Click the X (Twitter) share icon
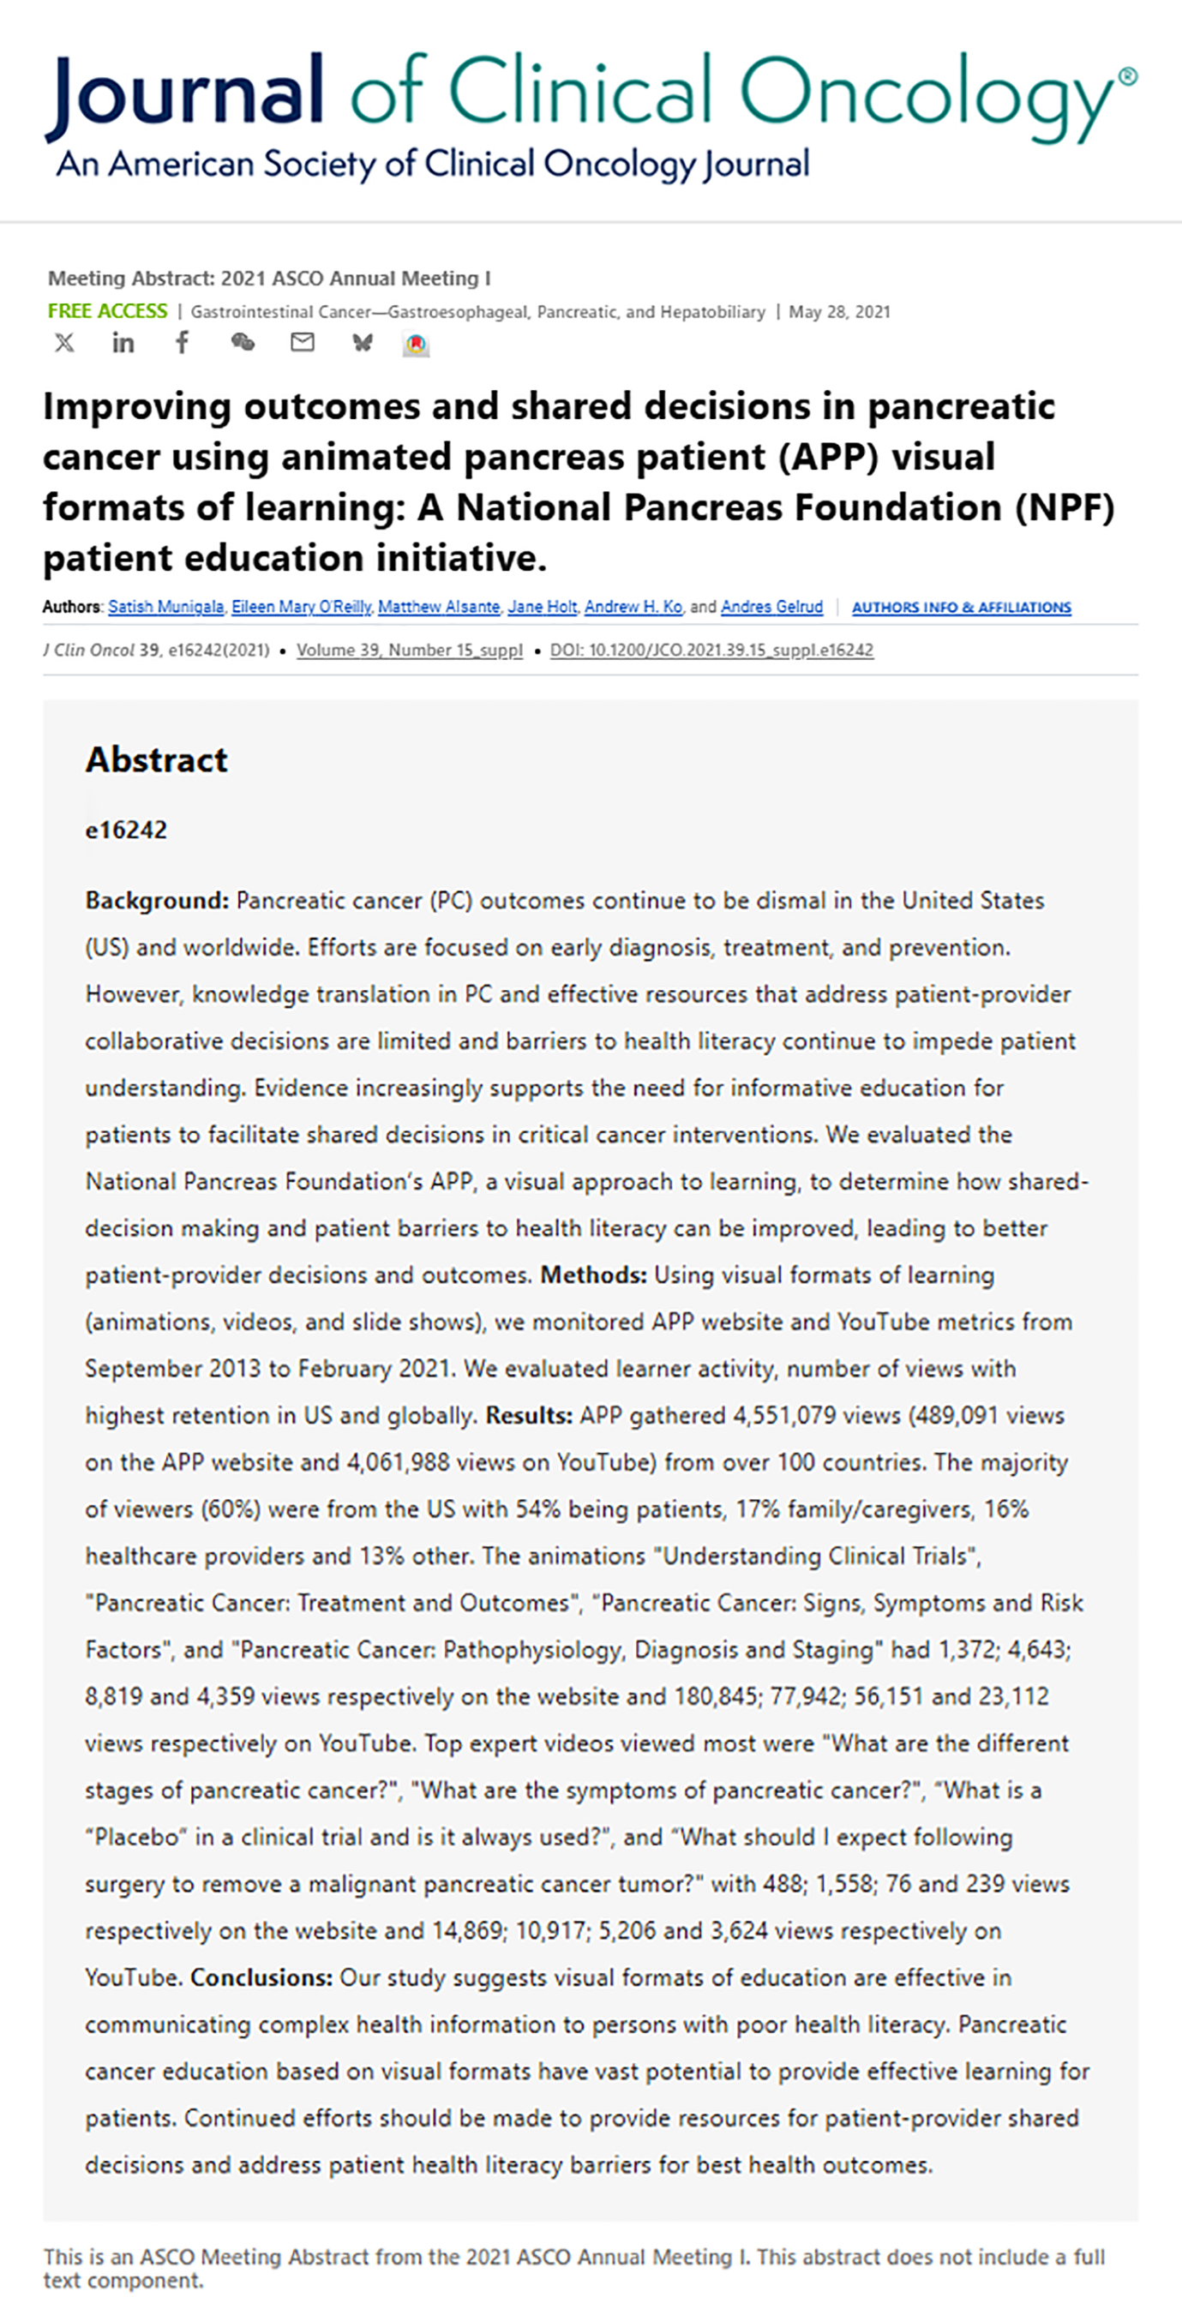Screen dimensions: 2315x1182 coord(63,342)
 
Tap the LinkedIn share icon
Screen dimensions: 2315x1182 coord(123,342)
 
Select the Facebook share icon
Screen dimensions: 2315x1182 coord(183,342)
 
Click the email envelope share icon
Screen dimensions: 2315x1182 coord(302,342)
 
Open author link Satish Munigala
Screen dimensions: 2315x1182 coord(165,607)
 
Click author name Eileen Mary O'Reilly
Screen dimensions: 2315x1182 coord(301,607)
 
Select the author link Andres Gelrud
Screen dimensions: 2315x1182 coord(771,607)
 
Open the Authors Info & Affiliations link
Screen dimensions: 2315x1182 coord(961,608)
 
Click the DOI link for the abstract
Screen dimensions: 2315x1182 coord(711,650)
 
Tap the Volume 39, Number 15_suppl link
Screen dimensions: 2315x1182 coord(409,650)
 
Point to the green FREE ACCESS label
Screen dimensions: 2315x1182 coord(107,311)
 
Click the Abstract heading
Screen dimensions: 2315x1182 coord(156,759)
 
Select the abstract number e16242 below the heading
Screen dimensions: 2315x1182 coord(126,830)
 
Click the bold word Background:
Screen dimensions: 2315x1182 coord(158,901)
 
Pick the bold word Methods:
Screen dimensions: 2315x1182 coord(593,1275)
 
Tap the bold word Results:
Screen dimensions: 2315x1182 coord(529,1415)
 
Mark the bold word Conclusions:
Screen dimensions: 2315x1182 coord(261,1978)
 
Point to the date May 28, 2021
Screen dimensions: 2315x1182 coord(838,312)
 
